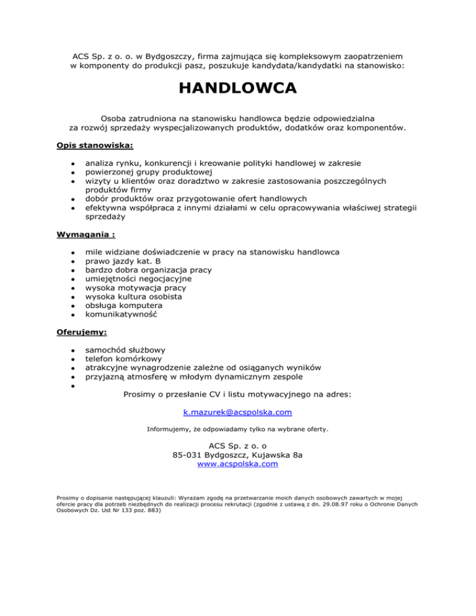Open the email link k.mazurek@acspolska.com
click(237, 412)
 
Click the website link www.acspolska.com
click(237, 463)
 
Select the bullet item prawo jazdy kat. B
click(123, 262)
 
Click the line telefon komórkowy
click(124, 358)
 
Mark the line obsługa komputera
click(124, 306)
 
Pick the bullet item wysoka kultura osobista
click(133, 297)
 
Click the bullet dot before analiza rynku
click(73, 164)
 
